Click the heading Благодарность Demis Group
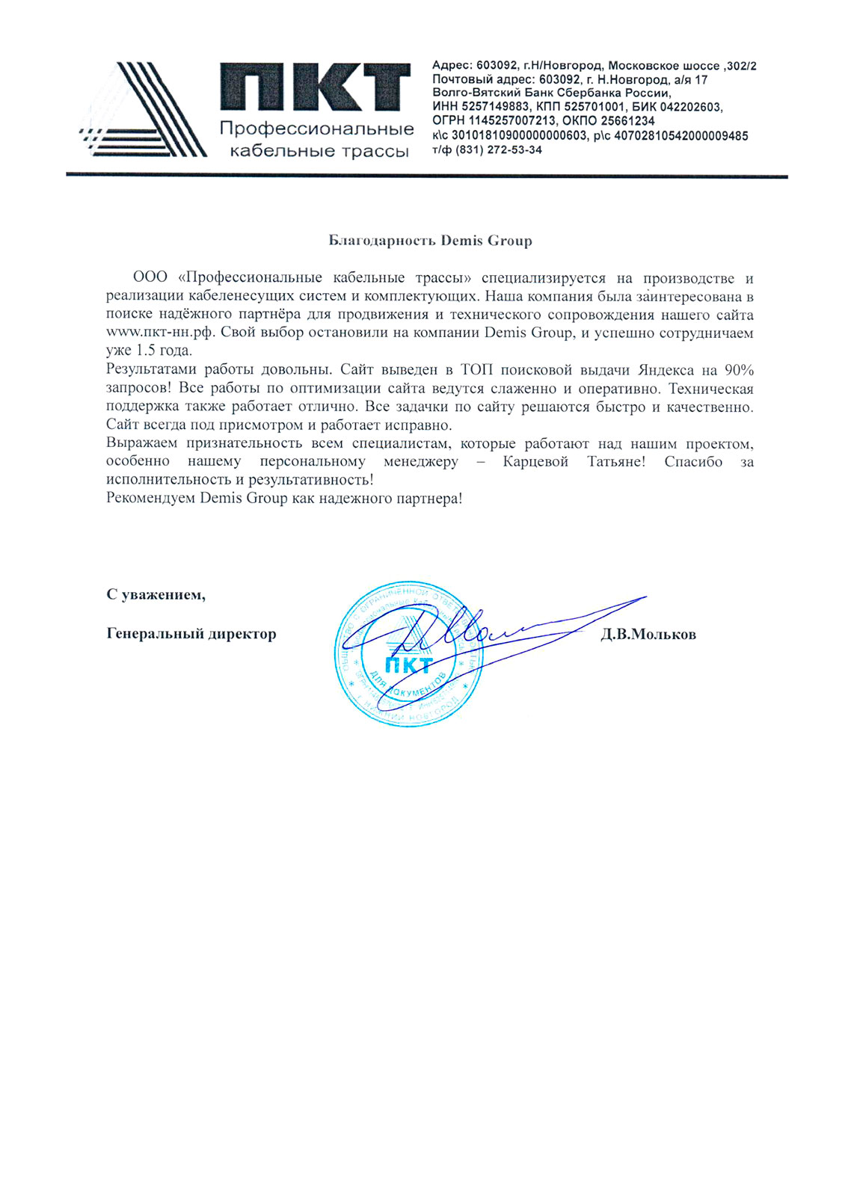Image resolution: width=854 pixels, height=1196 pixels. pos(431,241)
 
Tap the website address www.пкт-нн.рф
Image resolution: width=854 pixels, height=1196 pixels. pos(159,333)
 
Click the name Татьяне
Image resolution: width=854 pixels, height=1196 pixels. pos(616,462)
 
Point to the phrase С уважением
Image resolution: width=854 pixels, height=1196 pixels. pos(156,595)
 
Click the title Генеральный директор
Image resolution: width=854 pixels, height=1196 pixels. pos(191,634)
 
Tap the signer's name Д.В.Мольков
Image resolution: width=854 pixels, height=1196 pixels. pos(648,635)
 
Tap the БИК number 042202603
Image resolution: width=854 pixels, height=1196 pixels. pos(692,107)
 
